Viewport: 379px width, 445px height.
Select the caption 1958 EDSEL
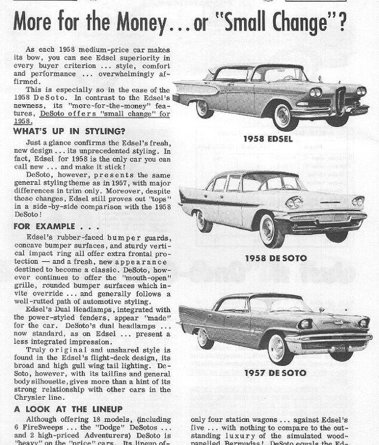(x=268, y=139)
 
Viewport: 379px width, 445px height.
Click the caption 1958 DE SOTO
(x=268, y=258)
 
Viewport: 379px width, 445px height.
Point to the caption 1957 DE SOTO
(x=268, y=373)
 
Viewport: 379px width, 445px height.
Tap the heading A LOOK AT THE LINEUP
(x=68, y=409)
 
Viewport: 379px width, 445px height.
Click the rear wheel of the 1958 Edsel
(x=202, y=108)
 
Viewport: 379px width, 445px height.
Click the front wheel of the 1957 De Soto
(x=276, y=348)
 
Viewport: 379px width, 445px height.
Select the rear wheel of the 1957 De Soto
(x=203, y=338)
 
